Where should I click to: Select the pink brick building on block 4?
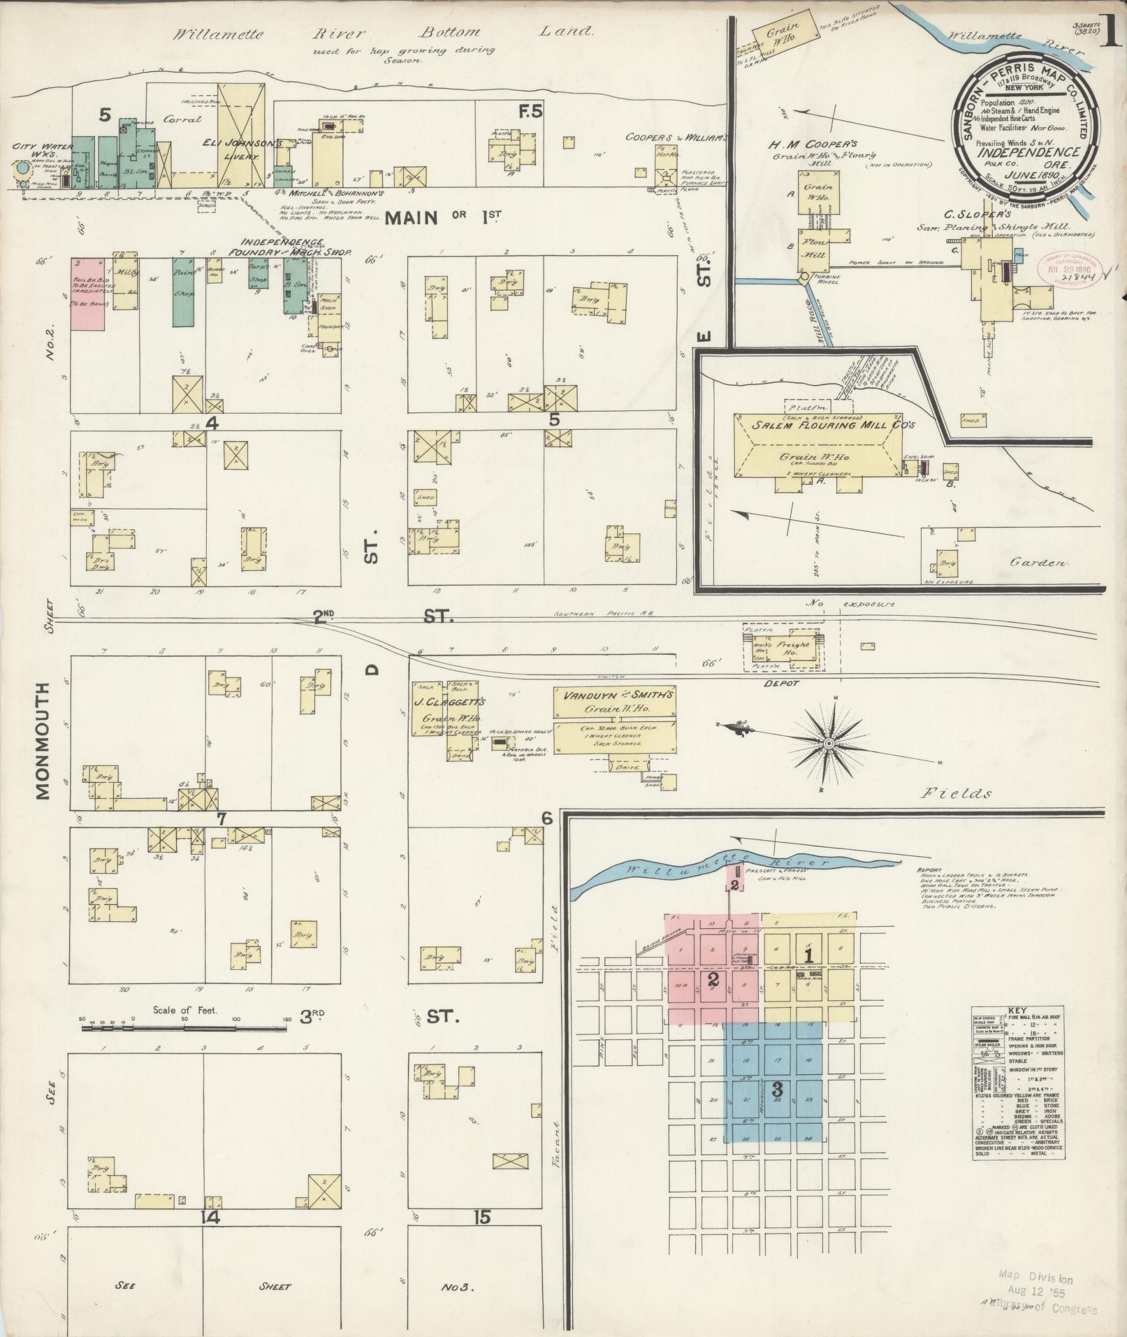87,294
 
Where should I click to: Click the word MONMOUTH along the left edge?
42,740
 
